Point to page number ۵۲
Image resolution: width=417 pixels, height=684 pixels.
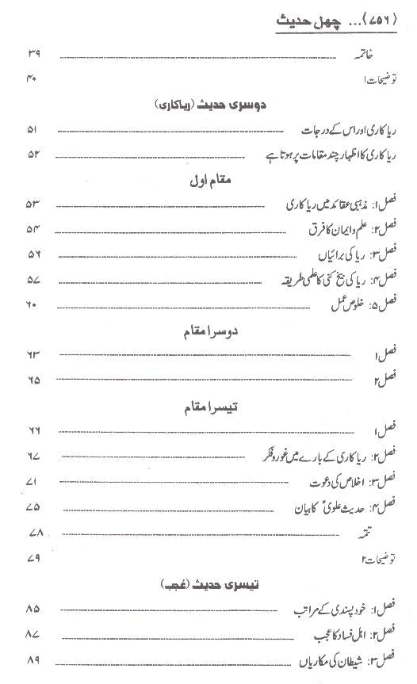33,154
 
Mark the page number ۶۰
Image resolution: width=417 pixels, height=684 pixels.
33,305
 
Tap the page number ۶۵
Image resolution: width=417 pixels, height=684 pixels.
33,380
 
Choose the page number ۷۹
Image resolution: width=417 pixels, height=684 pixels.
33,558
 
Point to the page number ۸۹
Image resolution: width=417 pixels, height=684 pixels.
33,660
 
